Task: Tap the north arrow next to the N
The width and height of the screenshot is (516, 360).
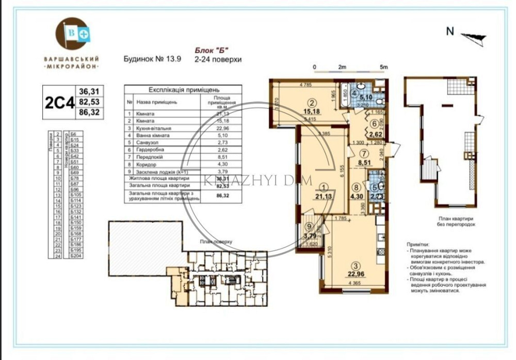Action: click(x=473, y=36)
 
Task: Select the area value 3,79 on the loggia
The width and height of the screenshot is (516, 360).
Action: click(x=309, y=237)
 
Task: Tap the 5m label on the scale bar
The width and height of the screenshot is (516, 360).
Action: click(x=383, y=67)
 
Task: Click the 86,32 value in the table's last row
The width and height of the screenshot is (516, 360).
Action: click(x=222, y=196)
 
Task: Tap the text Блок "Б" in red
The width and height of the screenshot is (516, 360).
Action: click(x=211, y=51)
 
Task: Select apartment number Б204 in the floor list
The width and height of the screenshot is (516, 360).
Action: click(x=76, y=256)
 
